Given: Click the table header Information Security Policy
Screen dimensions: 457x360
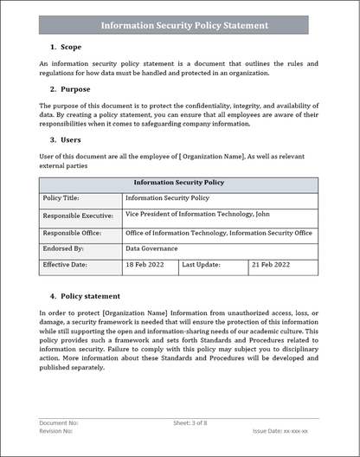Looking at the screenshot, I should point(178,183).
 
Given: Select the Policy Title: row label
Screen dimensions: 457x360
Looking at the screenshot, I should point(65,198).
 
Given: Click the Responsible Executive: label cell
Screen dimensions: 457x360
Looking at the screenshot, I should point(80,216).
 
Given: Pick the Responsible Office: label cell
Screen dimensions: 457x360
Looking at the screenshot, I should point(74,233).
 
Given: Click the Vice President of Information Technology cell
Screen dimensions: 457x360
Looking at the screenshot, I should point(197,214).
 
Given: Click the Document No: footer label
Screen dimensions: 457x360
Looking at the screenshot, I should point(59,423).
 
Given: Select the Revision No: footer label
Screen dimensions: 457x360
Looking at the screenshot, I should point(57,430).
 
